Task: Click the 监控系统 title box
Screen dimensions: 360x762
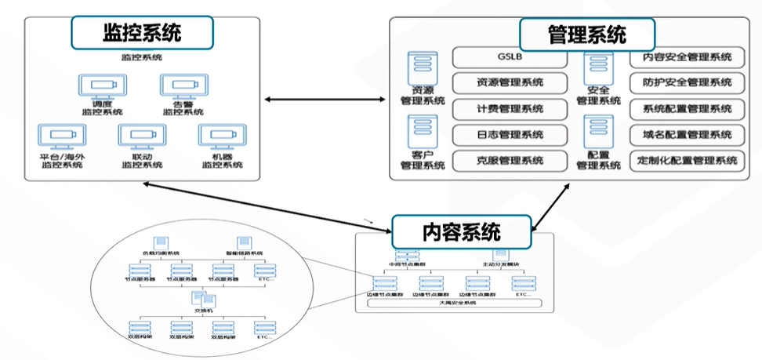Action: coord(142,33)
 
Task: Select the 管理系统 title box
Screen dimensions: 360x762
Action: coord(586,35)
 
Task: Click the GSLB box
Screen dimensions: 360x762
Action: coord(510,57)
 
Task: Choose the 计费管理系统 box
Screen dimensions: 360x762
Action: coord(510,109)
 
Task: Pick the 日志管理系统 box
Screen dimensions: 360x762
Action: coord(510,135)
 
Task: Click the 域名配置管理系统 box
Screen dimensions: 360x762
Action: coord(687,135)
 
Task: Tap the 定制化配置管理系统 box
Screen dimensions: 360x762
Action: coord(687,161)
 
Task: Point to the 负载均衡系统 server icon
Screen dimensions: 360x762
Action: coord(160,242)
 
